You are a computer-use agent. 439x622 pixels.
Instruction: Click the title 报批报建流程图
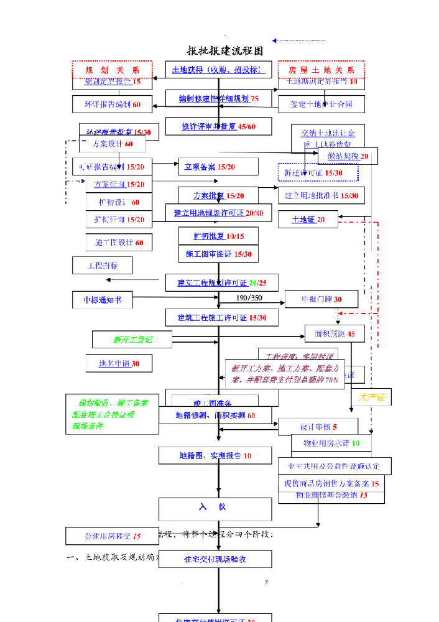(225, 51)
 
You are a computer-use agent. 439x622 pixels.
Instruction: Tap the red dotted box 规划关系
(112, 70)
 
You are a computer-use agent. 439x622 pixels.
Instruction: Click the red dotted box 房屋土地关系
(321, 70)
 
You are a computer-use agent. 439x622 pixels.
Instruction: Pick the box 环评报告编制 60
(112, 104)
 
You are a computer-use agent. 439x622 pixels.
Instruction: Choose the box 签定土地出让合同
(321, 104)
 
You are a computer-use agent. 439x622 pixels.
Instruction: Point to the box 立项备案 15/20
(218, 167)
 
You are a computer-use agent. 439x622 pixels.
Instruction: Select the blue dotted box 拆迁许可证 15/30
(318, 172)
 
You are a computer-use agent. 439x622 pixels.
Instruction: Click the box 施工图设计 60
(119, 243)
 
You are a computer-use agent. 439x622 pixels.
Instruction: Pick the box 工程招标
(103, 265)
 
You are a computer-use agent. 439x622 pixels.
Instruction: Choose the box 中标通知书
(102, 300)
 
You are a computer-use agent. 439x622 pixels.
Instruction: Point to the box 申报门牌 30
(321, 299)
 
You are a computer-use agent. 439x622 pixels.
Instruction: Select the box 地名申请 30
(119, 363)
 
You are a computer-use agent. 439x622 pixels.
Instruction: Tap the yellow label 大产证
(372, 397)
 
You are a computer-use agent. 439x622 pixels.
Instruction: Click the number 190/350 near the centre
(249, 298)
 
